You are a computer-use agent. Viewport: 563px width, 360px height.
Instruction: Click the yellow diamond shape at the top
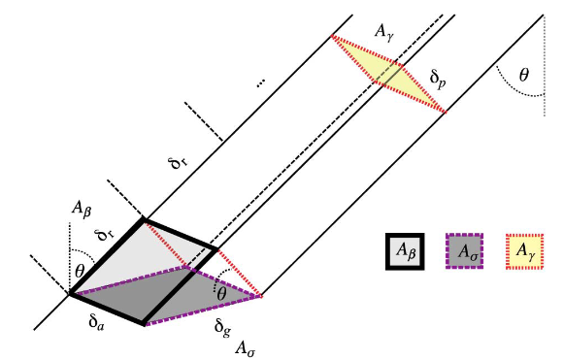pyautogui.click(x=388, y=73)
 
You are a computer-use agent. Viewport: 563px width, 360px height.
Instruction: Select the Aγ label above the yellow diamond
pyautogui.click(x=383, y=31)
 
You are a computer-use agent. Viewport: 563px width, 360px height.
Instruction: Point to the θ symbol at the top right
pyautogui.click(x=525, y=74)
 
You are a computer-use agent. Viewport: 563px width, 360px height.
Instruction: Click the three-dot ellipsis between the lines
pyautogui.click(x=260, y=84)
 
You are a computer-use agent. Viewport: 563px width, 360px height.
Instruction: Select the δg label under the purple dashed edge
pyautogui.click(x=222, y=322)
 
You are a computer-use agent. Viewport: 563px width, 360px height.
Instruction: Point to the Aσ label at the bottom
pyautogui.click(x=245, y=344)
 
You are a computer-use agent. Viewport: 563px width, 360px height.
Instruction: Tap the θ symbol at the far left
pyautogui.click(x=81, y=271)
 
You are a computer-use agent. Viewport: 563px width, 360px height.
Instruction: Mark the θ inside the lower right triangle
pyautogui.click(x=220, y=292)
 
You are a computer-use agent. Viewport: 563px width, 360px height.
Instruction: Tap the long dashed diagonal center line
pyautogui.click(x=311, y=146)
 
